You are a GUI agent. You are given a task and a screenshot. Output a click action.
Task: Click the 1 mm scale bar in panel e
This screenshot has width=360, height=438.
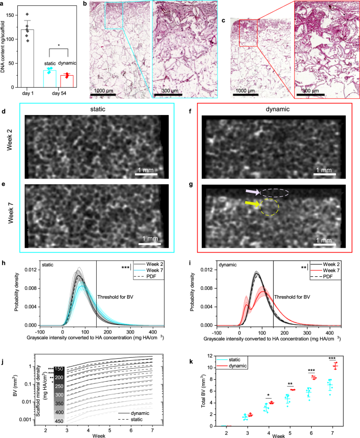(x=149, y=242)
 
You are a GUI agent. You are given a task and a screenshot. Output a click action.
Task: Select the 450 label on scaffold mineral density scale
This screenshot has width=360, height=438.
(x=58, y=420)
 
